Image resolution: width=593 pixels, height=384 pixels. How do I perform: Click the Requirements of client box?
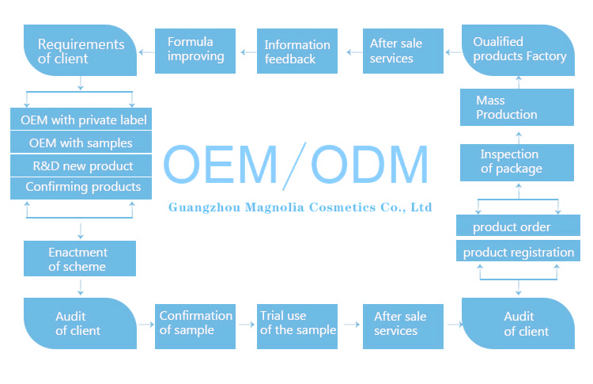pos(81,51)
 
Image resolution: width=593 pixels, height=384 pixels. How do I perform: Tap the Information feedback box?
pos(297,51)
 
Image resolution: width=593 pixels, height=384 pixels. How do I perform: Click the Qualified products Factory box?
pos(519,49)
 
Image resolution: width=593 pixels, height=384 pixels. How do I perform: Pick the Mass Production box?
pos(517,108)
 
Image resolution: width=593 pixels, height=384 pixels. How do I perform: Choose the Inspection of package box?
pos(517,162)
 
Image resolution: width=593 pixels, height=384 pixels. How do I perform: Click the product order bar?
pos(517,227)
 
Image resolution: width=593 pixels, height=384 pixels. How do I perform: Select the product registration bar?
pos(517,253)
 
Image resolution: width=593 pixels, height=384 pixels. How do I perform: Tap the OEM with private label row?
pos(81,120)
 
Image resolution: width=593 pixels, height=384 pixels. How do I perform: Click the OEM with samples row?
pos(81,143)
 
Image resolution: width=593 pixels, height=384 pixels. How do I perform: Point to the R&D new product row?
pos(81,165)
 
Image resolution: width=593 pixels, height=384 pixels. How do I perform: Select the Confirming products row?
pos(81,188)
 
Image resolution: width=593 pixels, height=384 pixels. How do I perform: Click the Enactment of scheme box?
pos(78,260)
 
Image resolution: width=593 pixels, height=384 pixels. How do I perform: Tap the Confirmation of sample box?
pos(195,323)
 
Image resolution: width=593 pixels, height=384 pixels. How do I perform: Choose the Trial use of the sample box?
pos(297,323)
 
